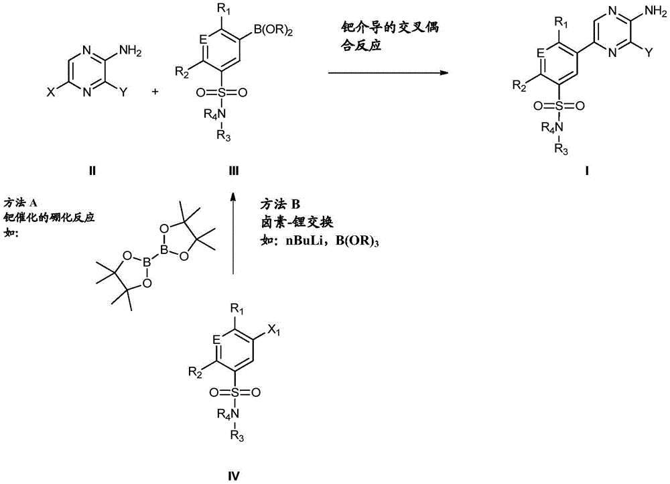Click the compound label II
tap(92, 170)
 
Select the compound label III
tap(232, 170)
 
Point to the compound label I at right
tap(586, 170)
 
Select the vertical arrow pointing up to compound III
tap(232, 234)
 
